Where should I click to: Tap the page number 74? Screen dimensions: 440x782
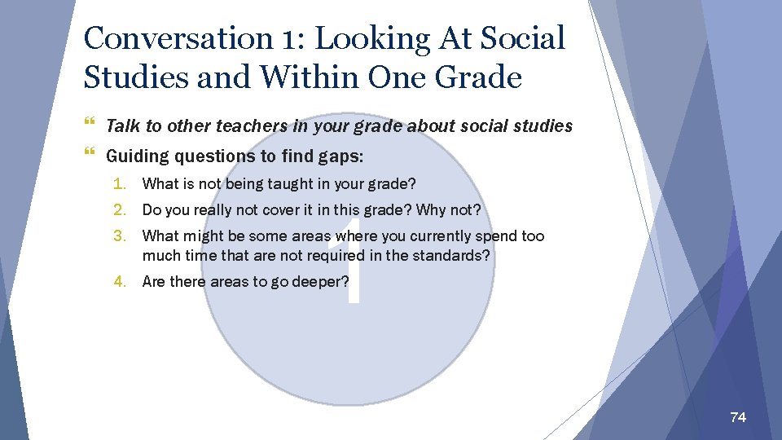coord(738,417)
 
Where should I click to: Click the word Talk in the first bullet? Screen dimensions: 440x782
coord(123,126)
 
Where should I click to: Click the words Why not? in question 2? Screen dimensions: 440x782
coord(449,209)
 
